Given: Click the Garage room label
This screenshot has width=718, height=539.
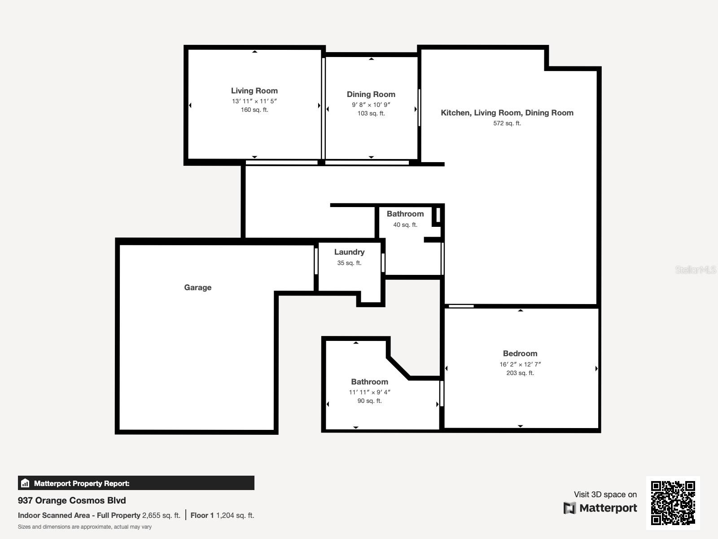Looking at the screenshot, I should [197, 287].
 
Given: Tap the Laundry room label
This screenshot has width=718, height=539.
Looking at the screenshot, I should [349, 252].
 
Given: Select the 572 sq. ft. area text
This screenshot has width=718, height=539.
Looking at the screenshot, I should [507, 123].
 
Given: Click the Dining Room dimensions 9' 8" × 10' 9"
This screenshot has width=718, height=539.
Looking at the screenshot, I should [371, 105].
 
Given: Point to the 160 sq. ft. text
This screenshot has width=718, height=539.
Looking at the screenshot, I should [254, 110].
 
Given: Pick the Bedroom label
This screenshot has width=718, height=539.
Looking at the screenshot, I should [520, 353].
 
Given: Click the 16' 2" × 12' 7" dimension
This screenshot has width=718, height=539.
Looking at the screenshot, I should [520, 364].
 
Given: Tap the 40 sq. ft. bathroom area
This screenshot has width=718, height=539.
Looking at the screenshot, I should [405, 225].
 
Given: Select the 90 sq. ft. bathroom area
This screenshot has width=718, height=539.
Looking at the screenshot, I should [369, 401].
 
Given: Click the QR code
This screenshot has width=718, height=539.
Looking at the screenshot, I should [673, 503].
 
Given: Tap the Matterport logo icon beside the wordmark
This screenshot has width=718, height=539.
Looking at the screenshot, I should [569, 508].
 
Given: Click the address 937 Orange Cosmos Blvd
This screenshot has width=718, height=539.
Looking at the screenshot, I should [72, 500].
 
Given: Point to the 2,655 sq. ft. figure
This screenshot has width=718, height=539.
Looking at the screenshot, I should [161, 515].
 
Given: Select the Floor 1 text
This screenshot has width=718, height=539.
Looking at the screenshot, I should [202, 515].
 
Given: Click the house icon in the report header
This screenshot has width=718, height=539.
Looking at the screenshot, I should [25, 483].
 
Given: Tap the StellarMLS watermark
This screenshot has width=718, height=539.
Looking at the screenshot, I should [696, 269].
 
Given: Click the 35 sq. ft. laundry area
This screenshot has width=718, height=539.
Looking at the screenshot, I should [349, 263].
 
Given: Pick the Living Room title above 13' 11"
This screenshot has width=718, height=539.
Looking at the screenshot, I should [254, 91].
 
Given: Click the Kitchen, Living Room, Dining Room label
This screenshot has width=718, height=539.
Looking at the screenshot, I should [507, 113].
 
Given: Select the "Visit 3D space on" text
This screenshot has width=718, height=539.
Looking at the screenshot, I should [605, 495].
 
